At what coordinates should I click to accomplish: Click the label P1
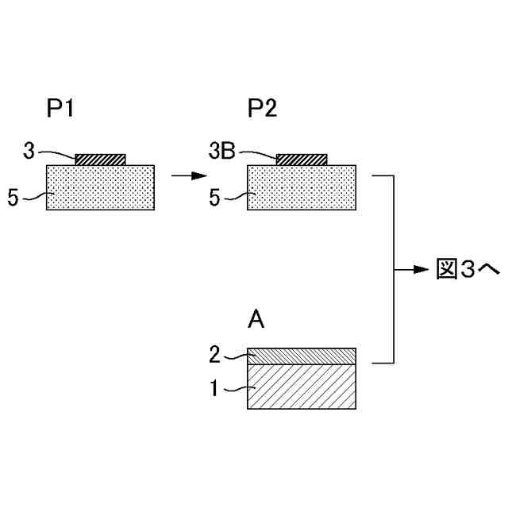pos(60,110)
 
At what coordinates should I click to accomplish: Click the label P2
pos(262,110)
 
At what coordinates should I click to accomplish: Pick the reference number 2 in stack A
pos(214,355)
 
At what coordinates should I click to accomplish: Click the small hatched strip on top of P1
pos(100,160)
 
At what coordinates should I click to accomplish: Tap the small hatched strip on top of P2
pos(302,160)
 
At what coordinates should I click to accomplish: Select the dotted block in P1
pos(100,187)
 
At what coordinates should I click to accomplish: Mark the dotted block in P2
pos(302,187)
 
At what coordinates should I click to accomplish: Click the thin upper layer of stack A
pos(302,356)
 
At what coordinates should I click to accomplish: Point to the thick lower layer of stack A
pos(302,386)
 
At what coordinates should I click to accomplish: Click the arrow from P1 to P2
pos(182,175)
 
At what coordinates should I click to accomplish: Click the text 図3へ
pos(468,270)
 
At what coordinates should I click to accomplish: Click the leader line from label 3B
pos(258,152)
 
